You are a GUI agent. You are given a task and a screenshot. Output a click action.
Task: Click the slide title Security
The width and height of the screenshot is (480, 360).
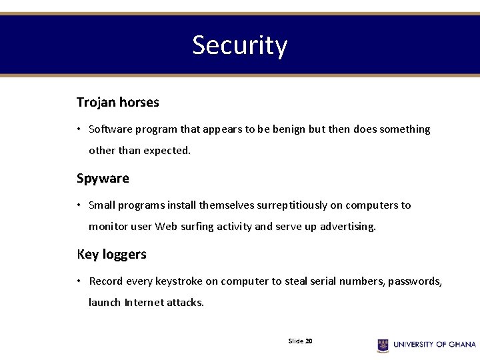coord(239,45)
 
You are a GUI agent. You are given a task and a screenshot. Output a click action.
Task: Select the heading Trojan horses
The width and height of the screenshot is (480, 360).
coord(117,103)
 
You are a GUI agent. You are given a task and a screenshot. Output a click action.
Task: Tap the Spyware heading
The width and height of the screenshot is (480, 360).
coord(103,179)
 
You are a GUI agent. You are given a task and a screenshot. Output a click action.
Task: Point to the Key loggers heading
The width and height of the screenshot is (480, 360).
coord(111,255)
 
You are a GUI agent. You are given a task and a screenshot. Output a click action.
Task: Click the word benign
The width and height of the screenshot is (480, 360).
coord(289,129)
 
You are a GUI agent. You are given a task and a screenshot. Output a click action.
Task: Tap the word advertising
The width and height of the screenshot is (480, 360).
coord(347,227)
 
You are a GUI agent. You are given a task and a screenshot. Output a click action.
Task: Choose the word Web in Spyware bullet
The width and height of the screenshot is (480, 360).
coord(166,227)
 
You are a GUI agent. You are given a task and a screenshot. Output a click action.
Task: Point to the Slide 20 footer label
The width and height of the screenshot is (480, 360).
coord(300,341)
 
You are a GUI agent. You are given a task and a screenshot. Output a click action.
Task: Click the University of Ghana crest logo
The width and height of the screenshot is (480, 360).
coord(383,345)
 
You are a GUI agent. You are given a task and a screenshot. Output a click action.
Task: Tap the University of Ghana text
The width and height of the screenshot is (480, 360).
coord(434,345)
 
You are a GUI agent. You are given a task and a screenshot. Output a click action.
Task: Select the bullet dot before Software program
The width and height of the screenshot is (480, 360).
coord(79,129)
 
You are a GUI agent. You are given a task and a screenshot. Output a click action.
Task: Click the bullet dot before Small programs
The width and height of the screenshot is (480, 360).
coord(79,205)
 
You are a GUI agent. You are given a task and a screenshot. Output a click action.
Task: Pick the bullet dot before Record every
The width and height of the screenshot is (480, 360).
coord(79,281)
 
